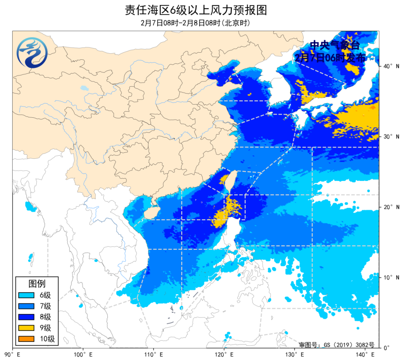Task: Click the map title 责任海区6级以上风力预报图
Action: [196, 10]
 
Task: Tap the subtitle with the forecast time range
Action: [196, 23]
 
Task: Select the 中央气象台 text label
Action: [334, 46]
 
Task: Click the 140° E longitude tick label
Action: [364, 353]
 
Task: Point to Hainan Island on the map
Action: [150, 213]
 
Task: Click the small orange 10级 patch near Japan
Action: [373, 108]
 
